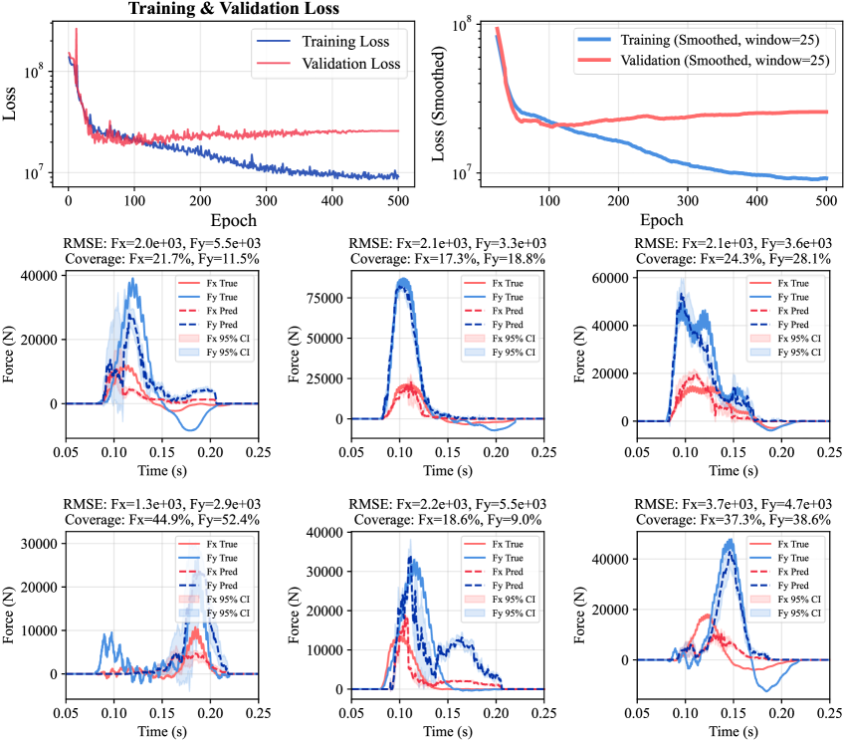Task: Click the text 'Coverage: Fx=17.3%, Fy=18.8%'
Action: (x=445, y=258)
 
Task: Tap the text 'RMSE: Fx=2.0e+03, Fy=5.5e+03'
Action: (x=162, y=243)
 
